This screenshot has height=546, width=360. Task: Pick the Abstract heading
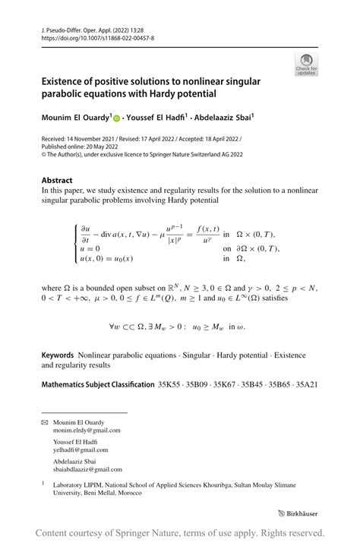58,181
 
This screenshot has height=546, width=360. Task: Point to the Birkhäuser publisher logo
302,513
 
